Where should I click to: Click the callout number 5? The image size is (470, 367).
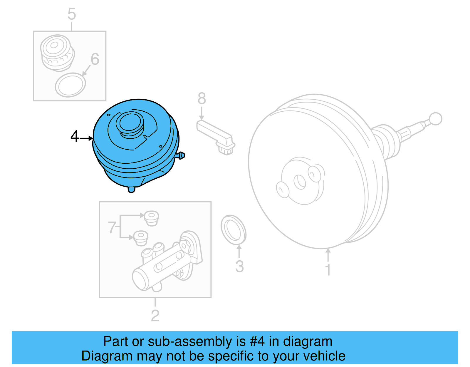pyautogui.click(x=72, y=14)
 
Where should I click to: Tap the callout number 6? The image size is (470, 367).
pyautogui.click(x=95, y=59)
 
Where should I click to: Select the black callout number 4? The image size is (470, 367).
pyautogui.click(x=75, y=136)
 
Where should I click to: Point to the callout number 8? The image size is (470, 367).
pyautogui.click(x=202, y=98)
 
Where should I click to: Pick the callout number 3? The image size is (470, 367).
pyautogui.click(x=240, y=267)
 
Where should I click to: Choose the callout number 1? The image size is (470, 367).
pyautogui.click(x=328, y=270)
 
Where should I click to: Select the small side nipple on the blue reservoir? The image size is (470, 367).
pyautogui.click(x=181, y=155)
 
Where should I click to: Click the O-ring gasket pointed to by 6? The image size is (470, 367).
pyautogui.click(x=70, y=85)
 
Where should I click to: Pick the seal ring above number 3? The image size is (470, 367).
pyautogui.click(x=234, y=229)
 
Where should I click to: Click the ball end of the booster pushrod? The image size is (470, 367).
pyautogui.click(x=435, y=119)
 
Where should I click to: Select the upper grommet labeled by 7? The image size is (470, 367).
pyautogui.click(x=152, y=218)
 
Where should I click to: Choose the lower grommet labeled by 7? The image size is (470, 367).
pyautogui.click(x=141, y=237)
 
